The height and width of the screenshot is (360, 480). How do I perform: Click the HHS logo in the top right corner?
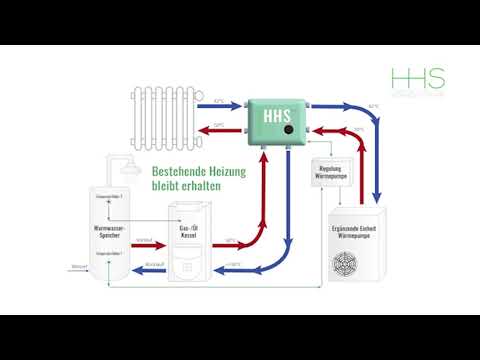(419, 82)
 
